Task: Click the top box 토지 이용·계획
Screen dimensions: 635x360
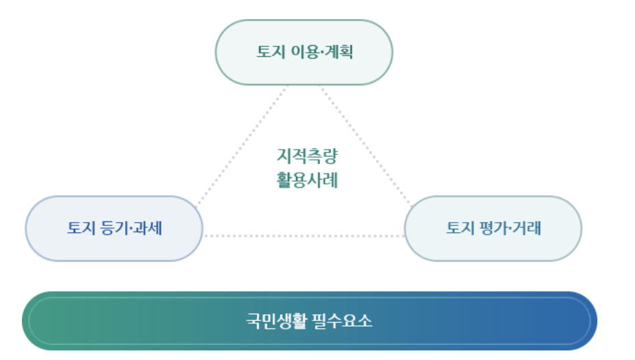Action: coord(303,52)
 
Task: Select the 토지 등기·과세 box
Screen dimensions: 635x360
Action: coord(114,228)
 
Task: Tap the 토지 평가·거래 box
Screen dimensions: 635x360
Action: coord(494,228)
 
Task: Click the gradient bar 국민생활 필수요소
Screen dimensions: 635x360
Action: coord(310,320)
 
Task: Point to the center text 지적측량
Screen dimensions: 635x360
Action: coord(307,156)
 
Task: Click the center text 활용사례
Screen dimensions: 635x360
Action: coord(307,180)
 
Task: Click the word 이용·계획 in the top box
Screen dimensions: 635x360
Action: coord(323,52)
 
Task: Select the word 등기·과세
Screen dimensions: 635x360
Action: coord(131,228)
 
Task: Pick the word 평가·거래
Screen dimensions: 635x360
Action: coord(511,228)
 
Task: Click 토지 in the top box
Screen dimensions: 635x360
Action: coord(271,52)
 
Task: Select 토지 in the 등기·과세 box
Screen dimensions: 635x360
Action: coord(81,228)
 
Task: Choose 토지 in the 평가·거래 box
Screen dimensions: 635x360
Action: coord(461,228)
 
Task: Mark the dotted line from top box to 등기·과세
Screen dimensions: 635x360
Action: coord(242,146)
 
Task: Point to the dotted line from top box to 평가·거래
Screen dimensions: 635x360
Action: coord(366,146)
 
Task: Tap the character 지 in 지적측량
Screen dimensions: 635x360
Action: coord(284,156)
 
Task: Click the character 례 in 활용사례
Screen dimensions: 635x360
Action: coord(330,180)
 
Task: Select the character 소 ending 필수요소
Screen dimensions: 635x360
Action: coord(365,321)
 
